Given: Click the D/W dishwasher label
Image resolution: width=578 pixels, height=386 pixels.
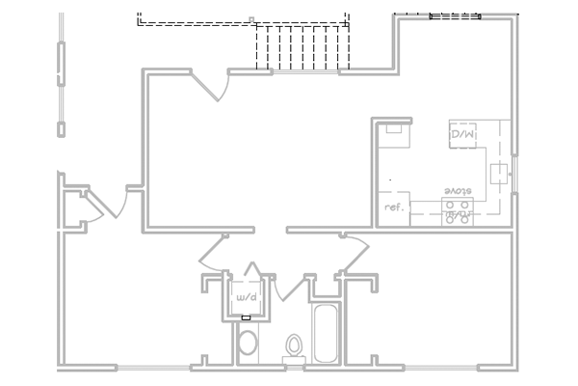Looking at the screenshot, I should pos(462,135).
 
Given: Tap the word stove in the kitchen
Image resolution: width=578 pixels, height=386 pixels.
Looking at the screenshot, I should pos(459,192).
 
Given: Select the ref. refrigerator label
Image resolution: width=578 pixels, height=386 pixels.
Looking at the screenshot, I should pos(393,207).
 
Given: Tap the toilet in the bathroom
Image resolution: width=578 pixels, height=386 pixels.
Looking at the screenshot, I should pos(295,346).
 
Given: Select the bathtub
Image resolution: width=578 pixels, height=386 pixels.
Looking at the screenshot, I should pos(325,333).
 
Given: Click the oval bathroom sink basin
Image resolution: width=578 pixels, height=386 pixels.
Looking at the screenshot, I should pos(248,344).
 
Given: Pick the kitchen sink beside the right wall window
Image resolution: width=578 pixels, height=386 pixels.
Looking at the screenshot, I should pos(499,174).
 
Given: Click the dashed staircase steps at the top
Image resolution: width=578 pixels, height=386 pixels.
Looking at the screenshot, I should pos(299,48).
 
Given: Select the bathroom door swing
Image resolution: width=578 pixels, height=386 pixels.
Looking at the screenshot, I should pos(287,287).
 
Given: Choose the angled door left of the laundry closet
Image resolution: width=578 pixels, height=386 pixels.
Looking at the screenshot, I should pos(214,253).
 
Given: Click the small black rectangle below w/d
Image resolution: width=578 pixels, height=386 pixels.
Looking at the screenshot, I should pos(246,317).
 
